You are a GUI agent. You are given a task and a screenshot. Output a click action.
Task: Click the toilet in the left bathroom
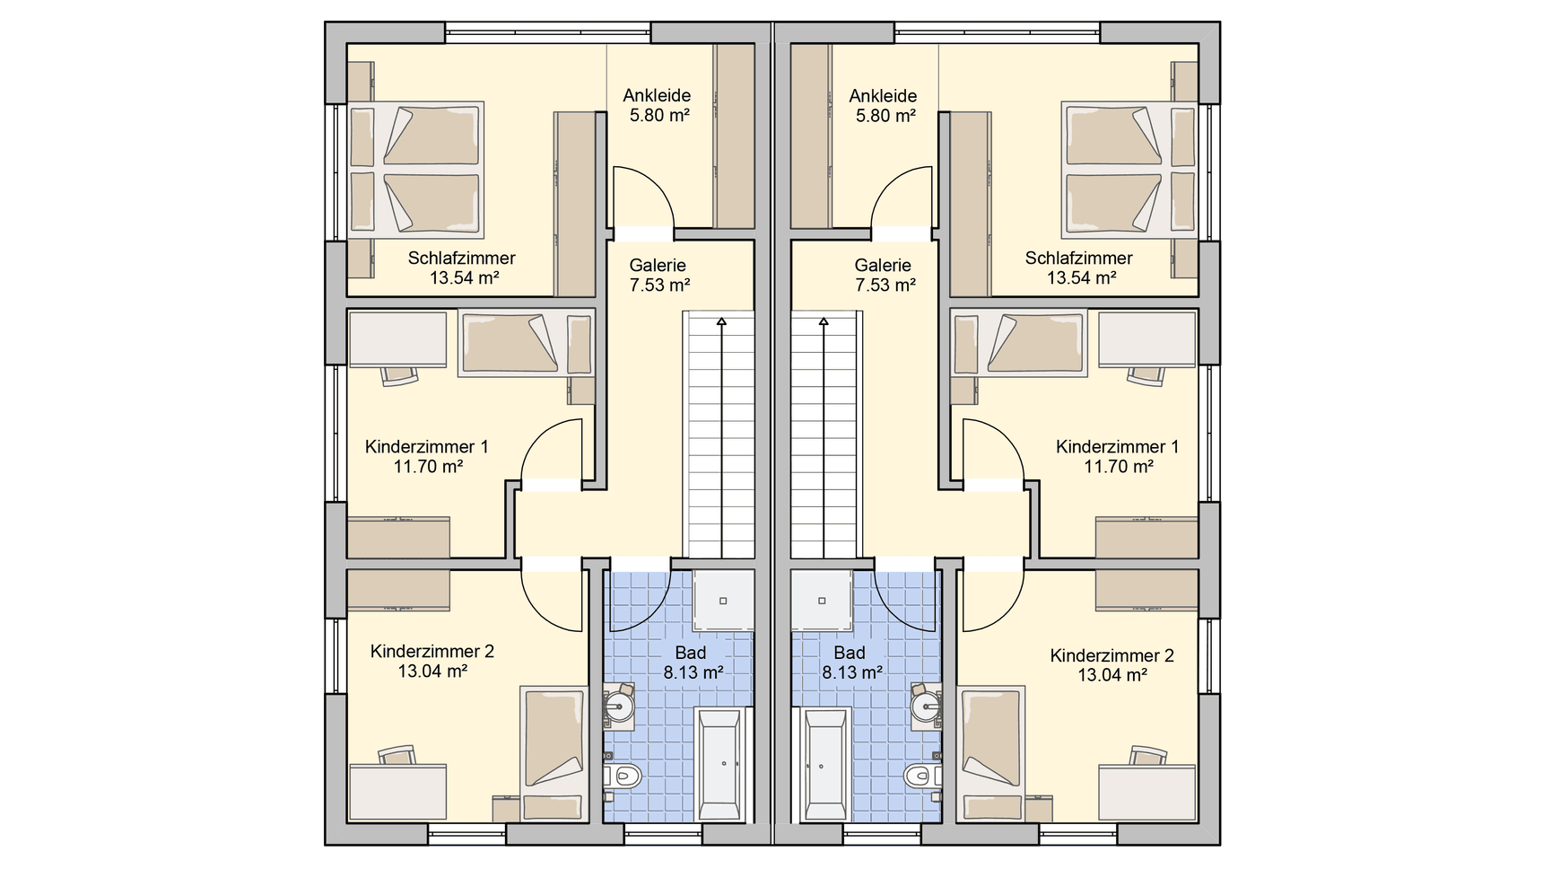(x=623, y=776)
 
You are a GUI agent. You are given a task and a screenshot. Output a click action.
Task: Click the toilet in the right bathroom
(x=921, y=776)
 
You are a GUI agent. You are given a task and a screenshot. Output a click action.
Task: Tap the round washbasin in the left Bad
(x=620, y=706)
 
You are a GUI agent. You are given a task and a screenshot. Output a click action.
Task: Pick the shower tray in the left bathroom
(x=723, y=601)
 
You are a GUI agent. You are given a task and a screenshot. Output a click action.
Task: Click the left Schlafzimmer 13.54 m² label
(x=462, y=268)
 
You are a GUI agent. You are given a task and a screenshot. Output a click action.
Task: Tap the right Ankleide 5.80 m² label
(x=884, y=105)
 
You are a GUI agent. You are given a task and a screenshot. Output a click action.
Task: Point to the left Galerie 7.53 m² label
(x=658, y=275)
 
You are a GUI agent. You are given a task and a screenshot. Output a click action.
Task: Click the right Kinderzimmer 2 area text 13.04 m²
(x=1112, y=675)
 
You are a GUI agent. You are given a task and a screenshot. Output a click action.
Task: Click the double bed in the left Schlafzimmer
(x=416, y=168)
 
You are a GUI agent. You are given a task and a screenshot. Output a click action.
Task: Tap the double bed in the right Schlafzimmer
(x=1129, y=168)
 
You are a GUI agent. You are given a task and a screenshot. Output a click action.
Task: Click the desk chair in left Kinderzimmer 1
(x=399, y=375)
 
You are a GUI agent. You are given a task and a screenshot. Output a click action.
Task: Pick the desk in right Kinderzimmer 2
(x=1146, y=792)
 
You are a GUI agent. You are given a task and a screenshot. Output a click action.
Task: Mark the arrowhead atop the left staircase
(x=720, y=320)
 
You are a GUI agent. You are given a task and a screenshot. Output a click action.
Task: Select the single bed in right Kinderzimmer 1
(x=1019, y=342)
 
